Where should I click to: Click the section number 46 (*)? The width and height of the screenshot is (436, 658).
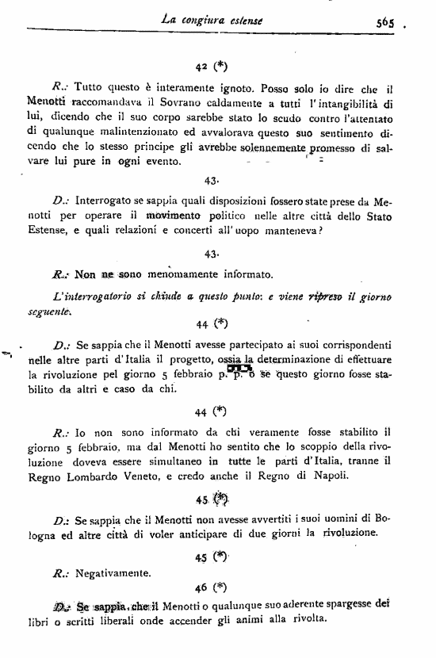211,587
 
